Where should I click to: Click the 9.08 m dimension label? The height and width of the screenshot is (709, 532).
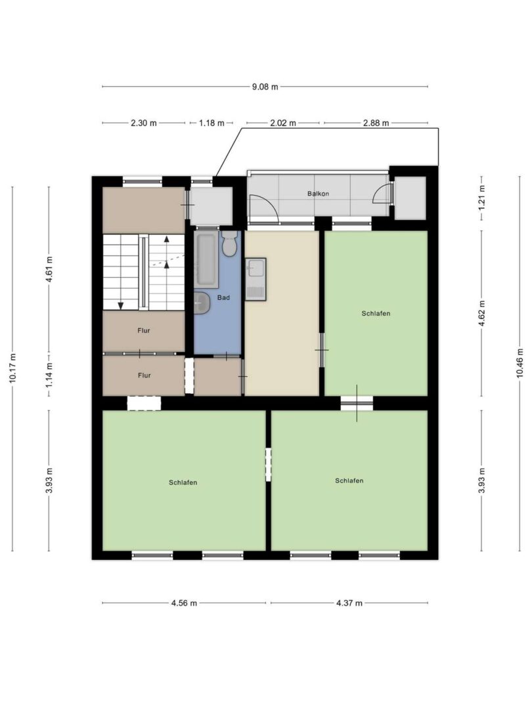coord(265,87)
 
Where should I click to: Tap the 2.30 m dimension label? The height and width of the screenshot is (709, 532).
coord(144,123)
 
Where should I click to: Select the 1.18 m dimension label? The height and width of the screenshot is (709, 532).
coord(211,123)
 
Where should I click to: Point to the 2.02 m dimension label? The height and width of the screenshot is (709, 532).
coord(283,123)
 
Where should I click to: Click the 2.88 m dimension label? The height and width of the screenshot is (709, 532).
coord(376,123)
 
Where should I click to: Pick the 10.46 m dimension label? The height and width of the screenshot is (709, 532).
coord(520,362)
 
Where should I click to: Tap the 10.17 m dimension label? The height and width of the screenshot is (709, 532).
coord(12,368)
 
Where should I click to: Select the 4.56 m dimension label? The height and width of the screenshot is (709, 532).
coord(184,603)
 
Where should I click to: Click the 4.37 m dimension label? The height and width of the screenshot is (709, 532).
coord(349,603)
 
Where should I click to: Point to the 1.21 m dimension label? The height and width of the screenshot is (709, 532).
coord(482,197)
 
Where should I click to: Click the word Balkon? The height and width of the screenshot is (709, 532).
coord(318,194)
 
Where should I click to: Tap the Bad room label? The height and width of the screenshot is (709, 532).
coord(223,297)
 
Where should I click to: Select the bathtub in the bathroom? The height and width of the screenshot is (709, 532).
coord(207,260)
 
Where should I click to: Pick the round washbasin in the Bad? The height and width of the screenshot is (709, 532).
coord(202,303)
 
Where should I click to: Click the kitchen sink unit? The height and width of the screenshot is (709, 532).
coord(255,279)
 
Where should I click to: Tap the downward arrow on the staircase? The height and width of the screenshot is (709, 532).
coord(121,306)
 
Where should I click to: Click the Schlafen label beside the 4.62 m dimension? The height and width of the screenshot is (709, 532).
coord(376,313)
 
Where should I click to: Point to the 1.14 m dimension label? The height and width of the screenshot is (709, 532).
coord(49,375)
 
